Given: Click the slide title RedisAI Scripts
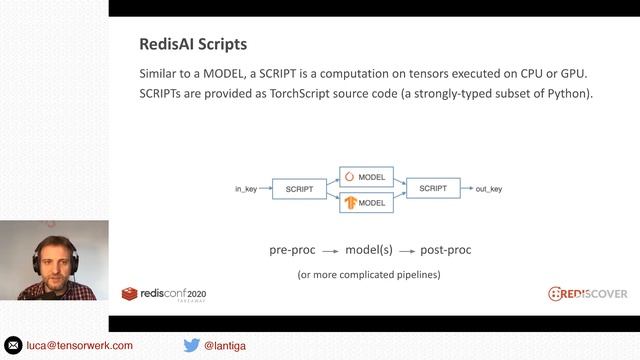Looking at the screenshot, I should click(192, 45).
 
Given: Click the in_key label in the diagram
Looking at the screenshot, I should click(246, 189).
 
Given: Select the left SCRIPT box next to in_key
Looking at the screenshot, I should click(300, 189).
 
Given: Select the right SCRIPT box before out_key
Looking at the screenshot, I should click(433, 188).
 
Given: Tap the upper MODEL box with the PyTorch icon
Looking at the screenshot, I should click(366, 176).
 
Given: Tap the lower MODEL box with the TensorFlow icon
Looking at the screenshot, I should click(366, 202).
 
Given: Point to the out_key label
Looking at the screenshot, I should click(489, 189).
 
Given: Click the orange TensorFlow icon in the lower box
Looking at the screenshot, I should click(350, 202).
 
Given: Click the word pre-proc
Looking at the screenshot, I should click(293, 249).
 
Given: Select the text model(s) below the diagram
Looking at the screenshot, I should click(369, 249).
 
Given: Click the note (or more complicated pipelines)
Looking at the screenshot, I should click(369, 274).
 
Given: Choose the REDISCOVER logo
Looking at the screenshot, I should click(587, 293).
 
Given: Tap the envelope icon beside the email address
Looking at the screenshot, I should click(13, 345).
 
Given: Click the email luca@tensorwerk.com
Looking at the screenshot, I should click(79, 345).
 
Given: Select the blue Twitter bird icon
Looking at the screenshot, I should click(191, 345).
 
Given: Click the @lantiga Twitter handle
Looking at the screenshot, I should click(225, 345).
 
